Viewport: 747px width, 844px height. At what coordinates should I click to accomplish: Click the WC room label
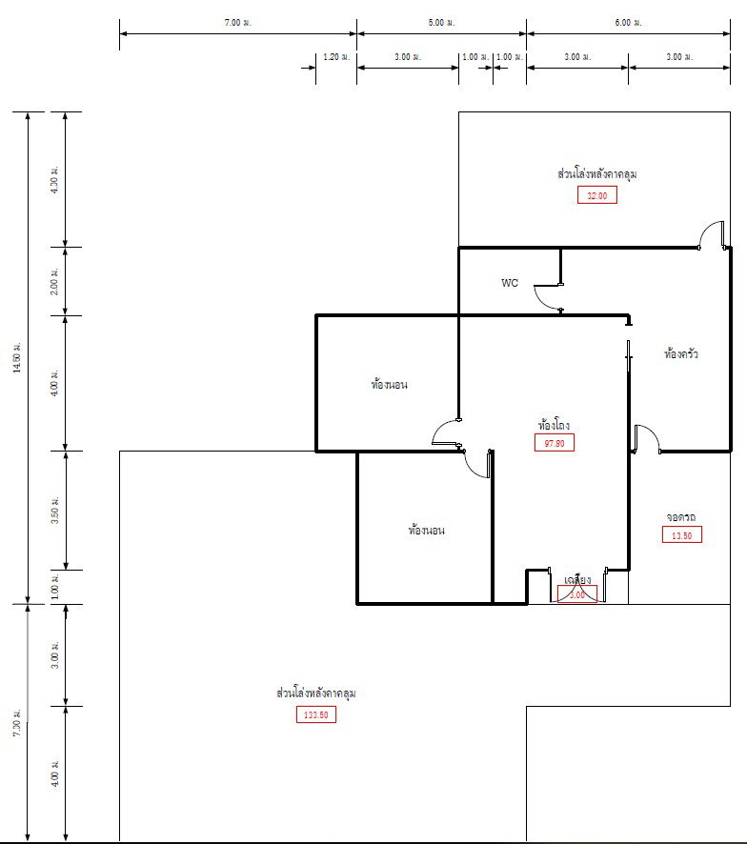click(510, 283)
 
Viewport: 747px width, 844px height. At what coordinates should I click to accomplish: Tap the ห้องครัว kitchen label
click(681, 353)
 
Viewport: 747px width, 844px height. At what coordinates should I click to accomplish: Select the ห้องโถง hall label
click(554, 425)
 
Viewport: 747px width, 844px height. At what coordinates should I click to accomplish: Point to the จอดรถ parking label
click(681, 517)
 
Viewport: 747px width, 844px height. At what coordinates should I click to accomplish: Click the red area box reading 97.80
click(555, 442)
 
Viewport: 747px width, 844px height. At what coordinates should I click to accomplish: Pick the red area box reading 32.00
click(597, 195)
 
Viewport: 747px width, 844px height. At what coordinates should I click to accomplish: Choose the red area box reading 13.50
click(681, 535)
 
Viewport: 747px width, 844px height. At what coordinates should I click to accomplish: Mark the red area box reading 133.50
click(315, 715)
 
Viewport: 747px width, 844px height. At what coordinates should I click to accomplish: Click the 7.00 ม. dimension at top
click(237, 22)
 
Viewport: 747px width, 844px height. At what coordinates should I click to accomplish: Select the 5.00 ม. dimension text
click(441, 22)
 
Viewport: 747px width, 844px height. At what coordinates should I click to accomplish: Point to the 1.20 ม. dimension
click(336, 57)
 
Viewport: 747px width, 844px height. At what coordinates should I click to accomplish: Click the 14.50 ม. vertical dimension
click(17, 356)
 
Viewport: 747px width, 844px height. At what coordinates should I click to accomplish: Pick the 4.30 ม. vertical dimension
click(54, 179)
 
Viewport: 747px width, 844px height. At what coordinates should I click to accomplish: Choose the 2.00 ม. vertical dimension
click(54, 281)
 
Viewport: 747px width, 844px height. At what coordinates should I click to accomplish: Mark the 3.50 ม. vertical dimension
click(54, 510)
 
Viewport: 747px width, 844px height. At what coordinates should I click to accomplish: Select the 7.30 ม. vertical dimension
click(17, 723)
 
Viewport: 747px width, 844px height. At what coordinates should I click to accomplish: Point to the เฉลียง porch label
click(577, 579)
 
